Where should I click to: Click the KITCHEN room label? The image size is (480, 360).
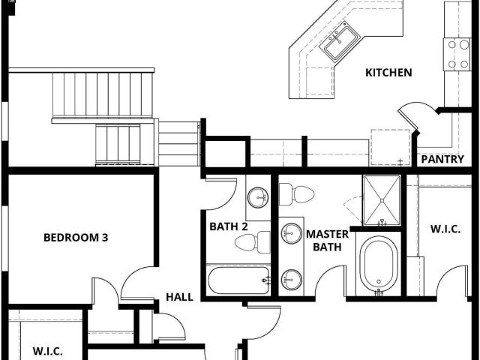coord(388,73)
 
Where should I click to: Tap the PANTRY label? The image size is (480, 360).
coord(442,159)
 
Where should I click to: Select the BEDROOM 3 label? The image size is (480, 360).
coord(76,238)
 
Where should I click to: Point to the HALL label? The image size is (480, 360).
coord(179,297)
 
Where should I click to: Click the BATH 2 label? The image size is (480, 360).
coord(228,226)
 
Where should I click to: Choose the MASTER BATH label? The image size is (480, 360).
coord(327,241)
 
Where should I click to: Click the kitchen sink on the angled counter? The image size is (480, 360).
coord(340,40)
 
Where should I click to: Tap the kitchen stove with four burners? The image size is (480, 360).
coord(457,54)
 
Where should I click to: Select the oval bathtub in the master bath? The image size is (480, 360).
coord(379,263)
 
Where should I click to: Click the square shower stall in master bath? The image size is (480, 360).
coord(382,200)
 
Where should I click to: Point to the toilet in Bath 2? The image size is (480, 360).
coord(253,242)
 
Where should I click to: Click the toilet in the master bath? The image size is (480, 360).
coord(297,194)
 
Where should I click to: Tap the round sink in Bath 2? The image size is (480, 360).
coord(258,197)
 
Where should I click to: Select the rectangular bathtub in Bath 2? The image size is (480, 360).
coord(238,280)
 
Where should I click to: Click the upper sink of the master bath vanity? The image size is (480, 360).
coord(292,233)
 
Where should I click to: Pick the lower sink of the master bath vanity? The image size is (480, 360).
coord(292,280)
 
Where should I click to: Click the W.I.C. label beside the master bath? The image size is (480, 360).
coord(445,229)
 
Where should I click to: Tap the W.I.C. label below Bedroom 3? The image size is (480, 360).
coord(48,351)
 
